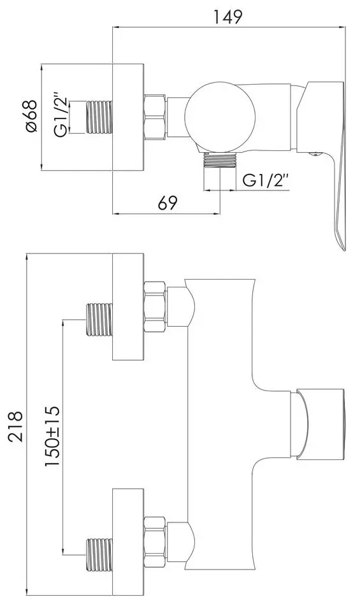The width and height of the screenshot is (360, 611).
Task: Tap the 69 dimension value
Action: pos(167,203)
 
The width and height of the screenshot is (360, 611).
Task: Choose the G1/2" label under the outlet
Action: pos(266,181)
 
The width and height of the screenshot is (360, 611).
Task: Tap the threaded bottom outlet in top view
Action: pos(220,161)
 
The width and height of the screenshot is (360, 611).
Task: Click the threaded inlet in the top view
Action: pos(99,117)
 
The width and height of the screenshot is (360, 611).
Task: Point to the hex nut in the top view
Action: pos(156,117)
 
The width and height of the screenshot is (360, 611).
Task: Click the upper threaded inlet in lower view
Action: pos(99,319)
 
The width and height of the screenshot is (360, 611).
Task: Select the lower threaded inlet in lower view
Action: pos(99,554)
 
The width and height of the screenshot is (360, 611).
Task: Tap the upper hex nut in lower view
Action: pos(155,308)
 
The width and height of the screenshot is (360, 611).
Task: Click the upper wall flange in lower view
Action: pos(128,307)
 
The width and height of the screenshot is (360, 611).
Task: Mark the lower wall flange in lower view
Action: pos(128,542)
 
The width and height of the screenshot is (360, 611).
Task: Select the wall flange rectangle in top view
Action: pos(128,117)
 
